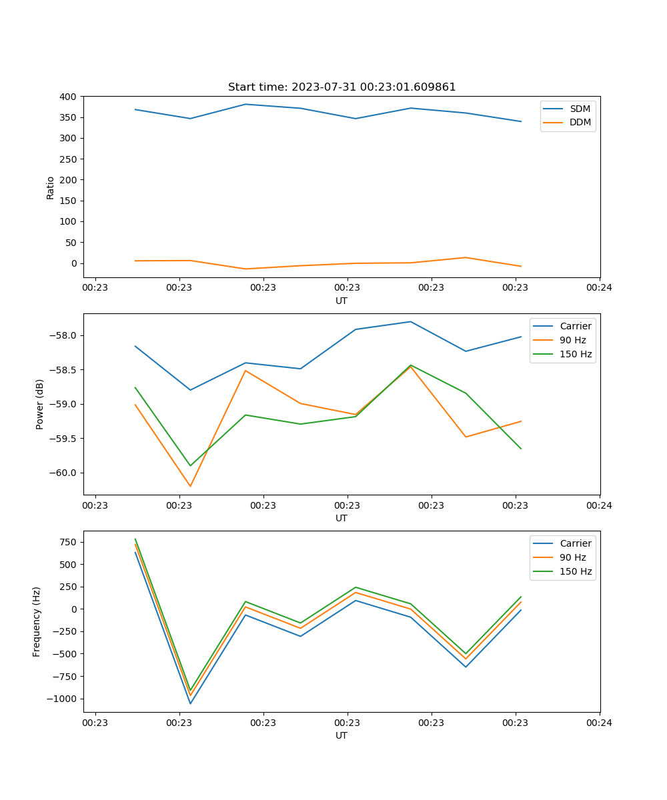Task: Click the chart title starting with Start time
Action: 342,87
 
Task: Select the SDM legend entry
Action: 580,109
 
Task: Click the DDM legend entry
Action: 580,123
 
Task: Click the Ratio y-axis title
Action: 51,187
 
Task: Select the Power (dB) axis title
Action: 40,404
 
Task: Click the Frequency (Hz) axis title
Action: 37,621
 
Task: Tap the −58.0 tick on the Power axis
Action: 64,335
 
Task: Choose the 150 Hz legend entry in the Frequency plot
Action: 576,571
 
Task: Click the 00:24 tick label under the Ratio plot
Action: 599,288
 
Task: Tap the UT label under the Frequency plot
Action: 342,735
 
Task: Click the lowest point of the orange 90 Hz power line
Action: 190,486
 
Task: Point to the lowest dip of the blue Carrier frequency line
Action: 190,703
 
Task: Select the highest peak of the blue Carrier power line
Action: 410,321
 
